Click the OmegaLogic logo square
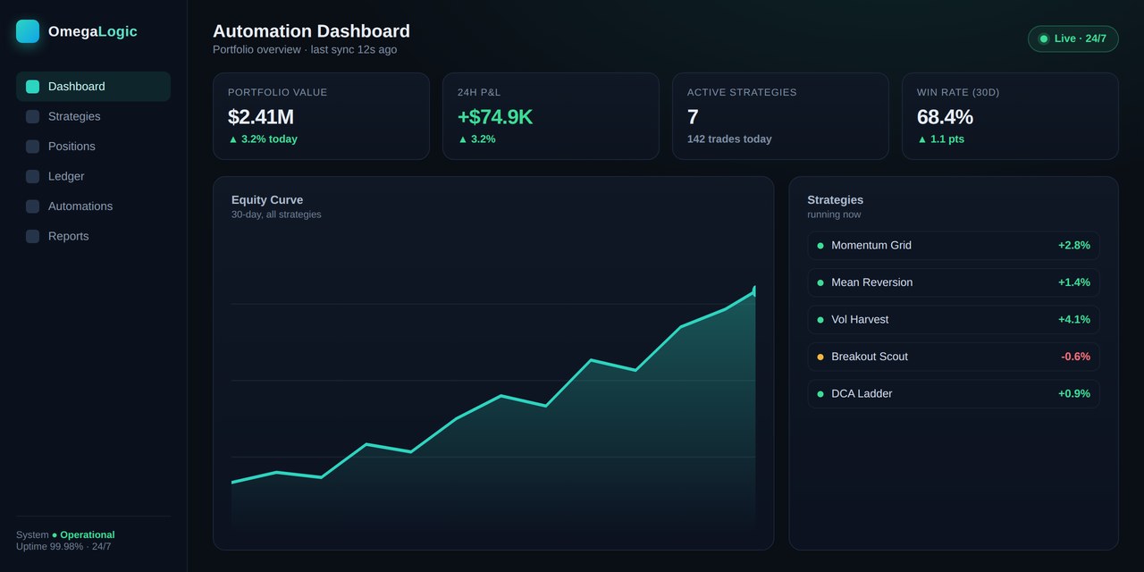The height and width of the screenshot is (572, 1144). click(x=28, y=31)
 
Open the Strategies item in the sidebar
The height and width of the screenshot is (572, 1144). click(x=74, y=116)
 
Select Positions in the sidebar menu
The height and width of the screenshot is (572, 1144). click(x=71, y=147)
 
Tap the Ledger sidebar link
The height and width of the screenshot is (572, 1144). click(x=66, y=176)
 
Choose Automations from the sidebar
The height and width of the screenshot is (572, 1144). click(x=80, y=206)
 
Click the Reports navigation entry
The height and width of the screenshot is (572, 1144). click(x=69, y=236)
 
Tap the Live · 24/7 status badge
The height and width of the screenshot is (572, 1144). click(x=1073, y=38)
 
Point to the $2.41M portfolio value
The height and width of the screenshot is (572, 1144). click(x=260, y=117)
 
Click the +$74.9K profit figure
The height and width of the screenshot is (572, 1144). click(x=495, y=117)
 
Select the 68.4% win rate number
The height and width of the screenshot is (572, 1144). click(x=945, y=117)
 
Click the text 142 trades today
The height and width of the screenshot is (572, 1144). click(x=729, y=139)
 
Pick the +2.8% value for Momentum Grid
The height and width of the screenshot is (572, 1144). click(x=1074, y=245)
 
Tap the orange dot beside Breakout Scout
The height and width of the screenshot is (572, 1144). click(x=820, y=357)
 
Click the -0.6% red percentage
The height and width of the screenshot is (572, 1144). click(x=1075, y=357)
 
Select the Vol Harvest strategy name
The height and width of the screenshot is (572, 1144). click(x=860, y=320)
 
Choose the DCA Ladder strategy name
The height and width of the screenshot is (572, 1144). click(x=862, y=394)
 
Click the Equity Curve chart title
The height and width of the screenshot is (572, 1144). click(x=267, y=199)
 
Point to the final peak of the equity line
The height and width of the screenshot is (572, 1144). click(x=755, y=288)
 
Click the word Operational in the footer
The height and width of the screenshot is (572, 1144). click(x=88, y=534)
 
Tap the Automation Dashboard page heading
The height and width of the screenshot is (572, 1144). click(x=312, y=31)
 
